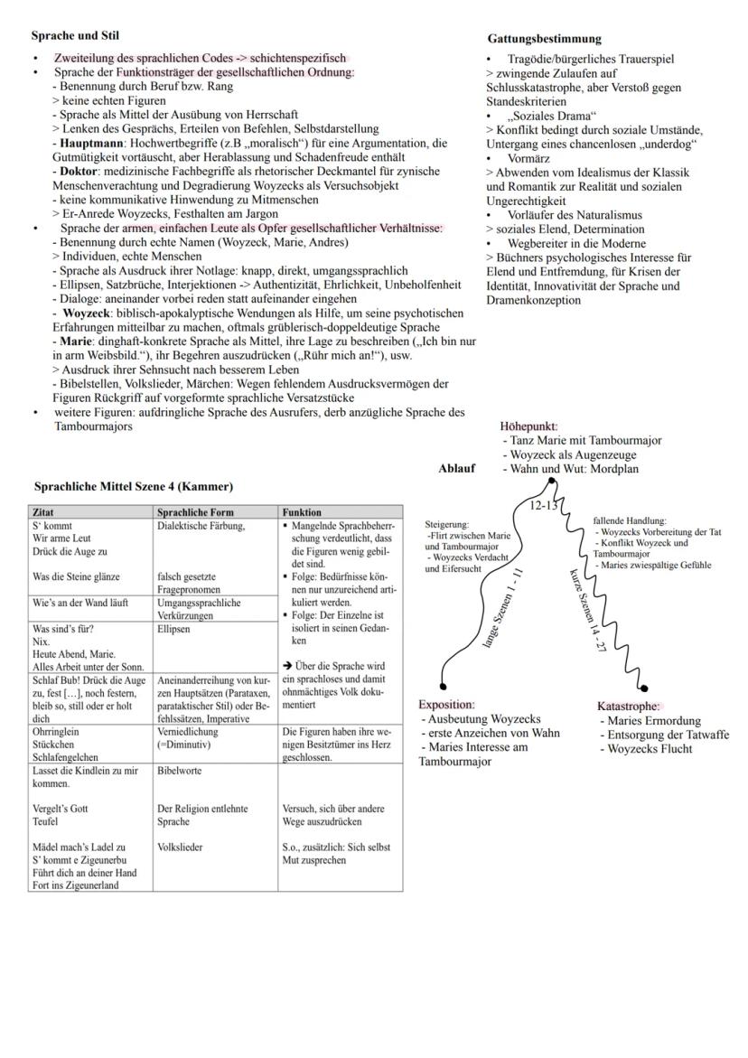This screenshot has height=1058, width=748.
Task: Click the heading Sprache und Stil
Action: pyautogui.click(x=75, y=36)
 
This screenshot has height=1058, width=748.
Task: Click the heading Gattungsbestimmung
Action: pyautogui.click(x=544, y=39)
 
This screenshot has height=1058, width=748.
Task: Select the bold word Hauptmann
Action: pyautogui.click(x=89, y=144)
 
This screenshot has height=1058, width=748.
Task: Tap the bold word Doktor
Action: pyautogui.click(x=79, y=171)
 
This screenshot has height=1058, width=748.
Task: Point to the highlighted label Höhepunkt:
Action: pyautogui.click(x=528, y=426)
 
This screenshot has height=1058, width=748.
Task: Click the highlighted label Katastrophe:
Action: pyautogui.click(x=629, y=707)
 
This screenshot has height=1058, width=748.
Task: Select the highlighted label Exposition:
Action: pyautogui.click(x=446, y=705)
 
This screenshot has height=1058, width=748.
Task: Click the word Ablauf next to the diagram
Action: pyautogui.click(x=456, y=469)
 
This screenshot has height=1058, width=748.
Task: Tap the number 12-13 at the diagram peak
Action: pyautogui.click(x=545, y=506)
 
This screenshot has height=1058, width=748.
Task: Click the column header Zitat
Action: pyautogui.click(x=42, y=511)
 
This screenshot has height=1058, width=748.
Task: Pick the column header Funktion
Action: pyautogui.click(x=302, y=511)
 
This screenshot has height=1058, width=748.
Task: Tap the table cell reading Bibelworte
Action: pyautogui.click(x=180, y=772)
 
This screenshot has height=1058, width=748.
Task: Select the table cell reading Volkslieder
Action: pyautogui.click(x=180, y=848)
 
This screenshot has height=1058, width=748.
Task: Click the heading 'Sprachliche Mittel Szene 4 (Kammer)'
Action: pyautogui.click(x=133, y=487)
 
